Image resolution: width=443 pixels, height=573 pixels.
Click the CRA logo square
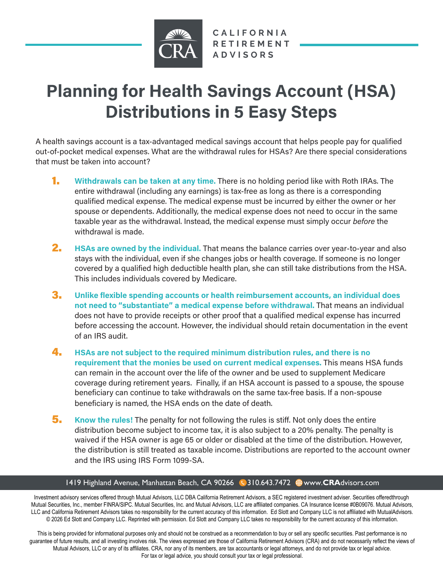coord(178,43)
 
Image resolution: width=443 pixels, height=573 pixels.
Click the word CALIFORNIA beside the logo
coord(250,33)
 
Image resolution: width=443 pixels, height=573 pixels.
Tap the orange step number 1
coord(56,181)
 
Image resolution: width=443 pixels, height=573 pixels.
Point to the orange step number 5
coord(57,420)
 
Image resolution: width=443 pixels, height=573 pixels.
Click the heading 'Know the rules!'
coord(104,420)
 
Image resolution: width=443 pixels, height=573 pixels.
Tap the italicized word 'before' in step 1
coord(363,222)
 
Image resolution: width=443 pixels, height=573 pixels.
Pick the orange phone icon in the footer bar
coord(243,483)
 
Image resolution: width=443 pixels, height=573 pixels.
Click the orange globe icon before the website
coord(298,483)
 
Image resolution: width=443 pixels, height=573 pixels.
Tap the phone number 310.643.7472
coord(269,483)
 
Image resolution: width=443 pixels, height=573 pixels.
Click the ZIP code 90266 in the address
coord(224,483)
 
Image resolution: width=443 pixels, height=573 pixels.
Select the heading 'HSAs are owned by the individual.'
coord(138,249)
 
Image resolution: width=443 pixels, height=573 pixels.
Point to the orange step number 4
coord(57,352)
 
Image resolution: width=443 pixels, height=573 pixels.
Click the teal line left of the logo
coord(83,45)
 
